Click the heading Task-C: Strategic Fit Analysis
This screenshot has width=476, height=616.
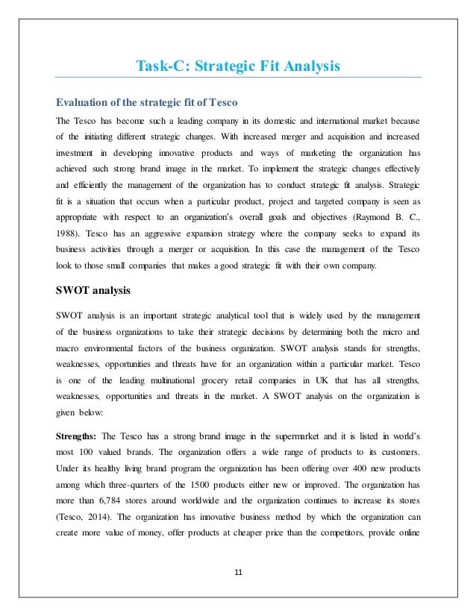point(237,67)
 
